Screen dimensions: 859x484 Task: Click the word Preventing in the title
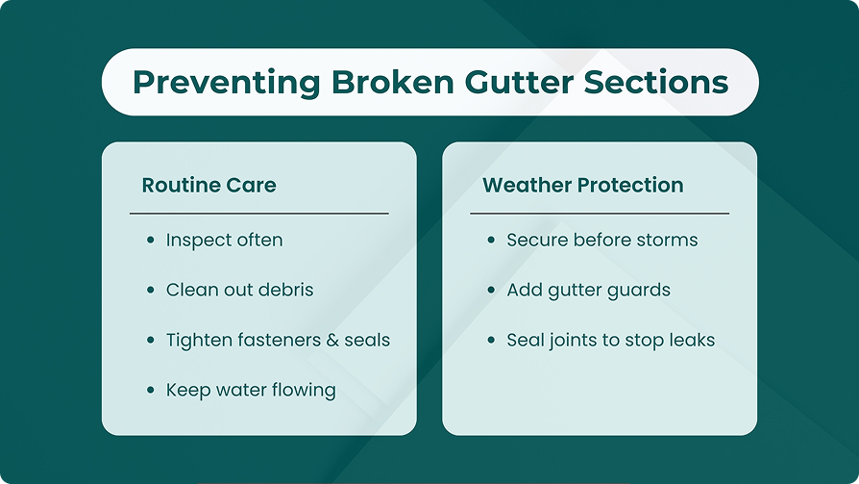(x=226, y=84)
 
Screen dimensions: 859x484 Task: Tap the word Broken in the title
(x=393, y=83)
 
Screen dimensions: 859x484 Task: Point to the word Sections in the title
(x=655, y=83)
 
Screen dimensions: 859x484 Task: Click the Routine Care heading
(x=209, y=185)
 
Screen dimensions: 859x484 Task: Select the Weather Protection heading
(x=583, y=185)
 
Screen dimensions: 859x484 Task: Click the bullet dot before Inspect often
(x=151, y=240)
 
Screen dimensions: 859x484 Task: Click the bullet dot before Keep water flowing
(x=151, y=390)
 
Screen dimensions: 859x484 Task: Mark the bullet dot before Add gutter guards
(x=491, y=290)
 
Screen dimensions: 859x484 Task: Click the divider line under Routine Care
(x=259, y=214)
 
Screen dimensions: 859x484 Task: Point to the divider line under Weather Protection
(x=600, y=214)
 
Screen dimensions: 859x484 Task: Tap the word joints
(x=572, y=341)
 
